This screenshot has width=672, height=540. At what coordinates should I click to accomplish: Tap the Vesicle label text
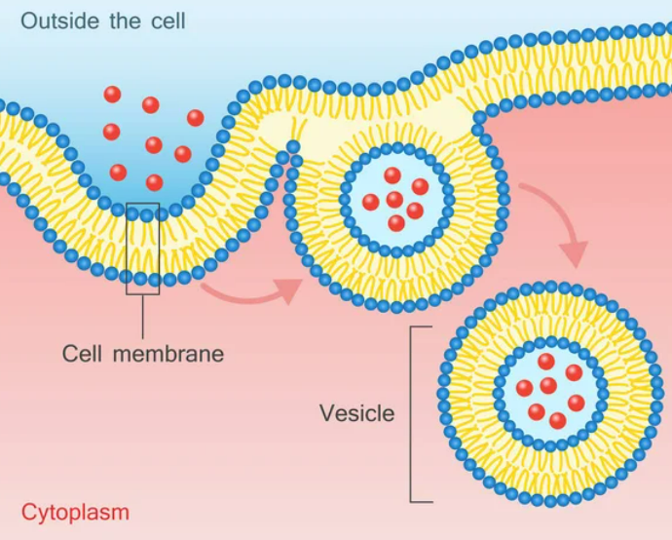357,413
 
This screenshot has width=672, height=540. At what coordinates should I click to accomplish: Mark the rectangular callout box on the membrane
142,249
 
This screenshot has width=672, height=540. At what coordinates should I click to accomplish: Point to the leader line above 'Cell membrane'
142,314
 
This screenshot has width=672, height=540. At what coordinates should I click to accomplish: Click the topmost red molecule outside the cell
113,95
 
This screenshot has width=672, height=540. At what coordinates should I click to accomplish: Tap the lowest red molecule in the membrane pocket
154,182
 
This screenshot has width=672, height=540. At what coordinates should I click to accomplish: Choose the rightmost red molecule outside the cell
195,118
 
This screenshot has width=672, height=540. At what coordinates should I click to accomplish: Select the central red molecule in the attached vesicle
394,199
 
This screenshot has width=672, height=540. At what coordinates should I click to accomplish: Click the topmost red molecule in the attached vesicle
392,175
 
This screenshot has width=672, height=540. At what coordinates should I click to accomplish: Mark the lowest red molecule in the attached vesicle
396,223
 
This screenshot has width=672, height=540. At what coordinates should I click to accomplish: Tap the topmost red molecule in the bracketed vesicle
546,362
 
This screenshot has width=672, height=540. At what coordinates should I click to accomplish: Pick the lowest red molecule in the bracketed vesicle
557,421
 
